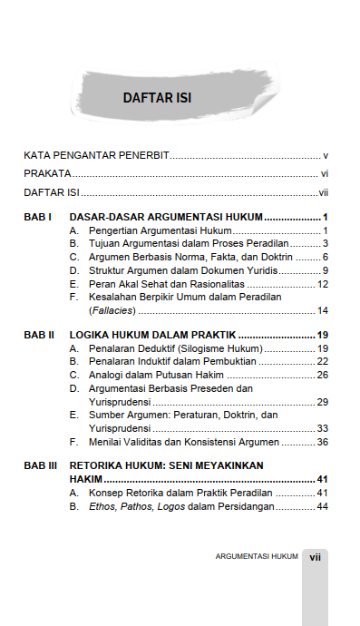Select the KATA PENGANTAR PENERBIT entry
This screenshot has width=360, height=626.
click(97, 155)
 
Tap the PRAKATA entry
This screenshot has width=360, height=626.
click(47, 173)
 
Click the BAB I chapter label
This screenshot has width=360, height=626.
click(37, 218)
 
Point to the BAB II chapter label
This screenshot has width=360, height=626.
click(39, 335)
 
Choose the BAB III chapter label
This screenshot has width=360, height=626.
click(41, 465)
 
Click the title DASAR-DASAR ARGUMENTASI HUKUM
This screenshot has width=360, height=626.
click(166, 218)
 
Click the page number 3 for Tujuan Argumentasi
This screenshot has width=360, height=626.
click(325, 244)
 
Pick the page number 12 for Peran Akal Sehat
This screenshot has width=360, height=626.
click(322, 284)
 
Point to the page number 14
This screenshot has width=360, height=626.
click(322, 311)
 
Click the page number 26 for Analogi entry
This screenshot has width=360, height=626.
click(322, 375)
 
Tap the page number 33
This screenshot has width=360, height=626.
click(322, 428)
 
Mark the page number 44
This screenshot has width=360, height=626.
click(322, 506)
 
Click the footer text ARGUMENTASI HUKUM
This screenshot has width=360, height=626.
click(257, 556)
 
